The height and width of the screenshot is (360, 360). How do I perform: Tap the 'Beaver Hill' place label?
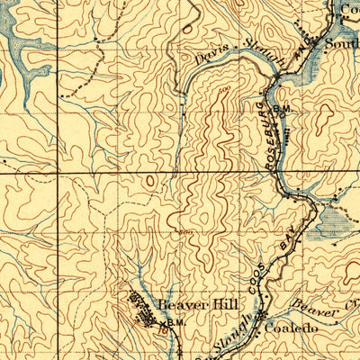pos(187,305)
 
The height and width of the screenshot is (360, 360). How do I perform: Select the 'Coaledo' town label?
pos(291,329)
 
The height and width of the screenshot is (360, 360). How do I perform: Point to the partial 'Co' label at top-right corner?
pos(348,9)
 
